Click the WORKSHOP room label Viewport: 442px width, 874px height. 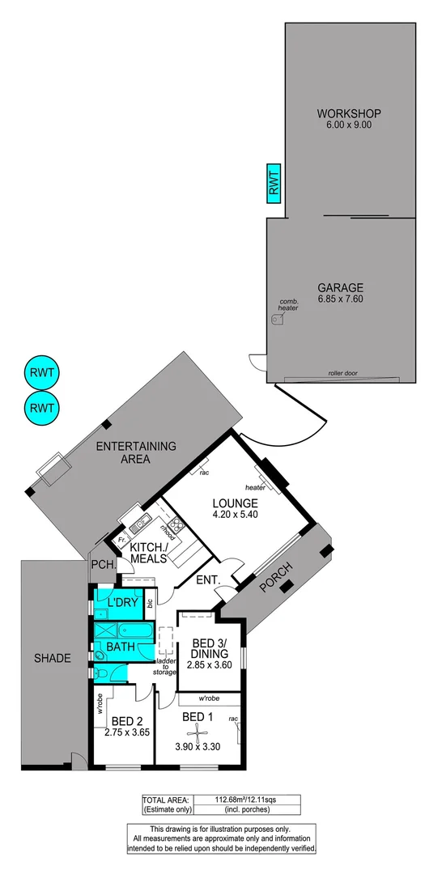pyautogui.click(x=349, y=113)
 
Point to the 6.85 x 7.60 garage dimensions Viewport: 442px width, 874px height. pyautogui.click(x=341, y=300)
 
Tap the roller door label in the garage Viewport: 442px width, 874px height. pyautogui.click(x=342, y=374)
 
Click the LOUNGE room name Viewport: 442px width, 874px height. pyautogui.click(x=236, y=503)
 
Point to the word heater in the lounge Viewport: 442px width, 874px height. pyautogui.click(x=256, y=487)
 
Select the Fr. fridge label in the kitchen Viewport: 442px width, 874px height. pyautogui.click(x=121, y=539)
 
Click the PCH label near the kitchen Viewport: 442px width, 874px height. pyautogui.click(x=100, y=565)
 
